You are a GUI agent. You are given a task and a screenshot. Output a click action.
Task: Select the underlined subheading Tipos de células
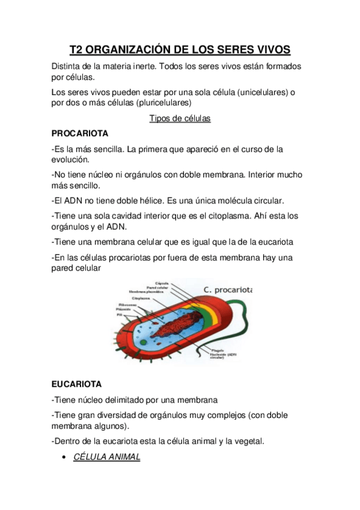point(180,118)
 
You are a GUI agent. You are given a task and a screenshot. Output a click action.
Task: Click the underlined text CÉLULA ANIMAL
point(107,457)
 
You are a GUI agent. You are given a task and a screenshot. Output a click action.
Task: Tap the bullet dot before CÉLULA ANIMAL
point(64,458)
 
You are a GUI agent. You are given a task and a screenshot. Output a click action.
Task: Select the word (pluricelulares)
point(164,103)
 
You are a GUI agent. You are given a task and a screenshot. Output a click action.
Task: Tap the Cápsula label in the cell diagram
point(162,283)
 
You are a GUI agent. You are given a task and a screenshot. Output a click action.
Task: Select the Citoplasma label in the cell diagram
point(141,298)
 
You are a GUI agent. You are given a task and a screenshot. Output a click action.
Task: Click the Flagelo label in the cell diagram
point(217,350)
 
